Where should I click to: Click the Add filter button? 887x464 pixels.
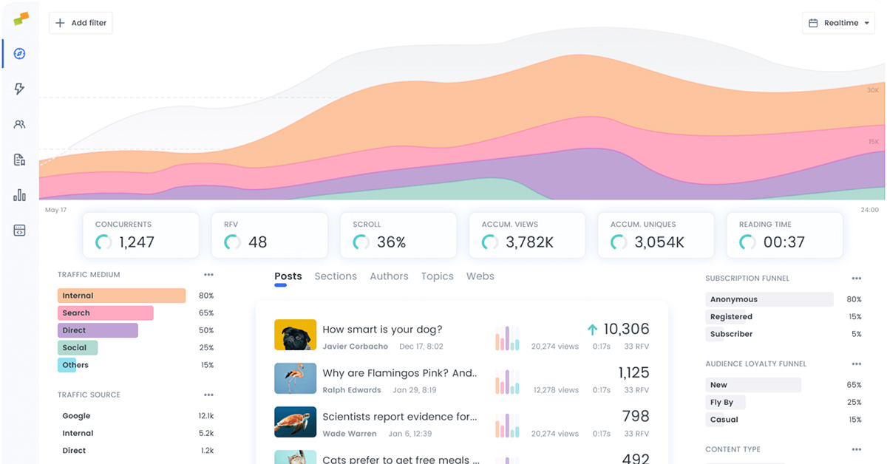click(x=81, y=23)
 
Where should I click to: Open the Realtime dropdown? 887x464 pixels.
click(x=837, y=23)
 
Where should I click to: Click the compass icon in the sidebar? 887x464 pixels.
click(x=20, y=54)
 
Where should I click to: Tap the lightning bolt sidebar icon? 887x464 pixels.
click(x=20, y=89)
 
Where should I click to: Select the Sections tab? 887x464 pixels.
click(x=336, y=276)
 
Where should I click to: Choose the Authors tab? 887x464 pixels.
click(x=389, y=276)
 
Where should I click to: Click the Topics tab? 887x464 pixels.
click(x=437, y=276)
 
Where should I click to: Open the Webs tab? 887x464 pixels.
click(x=480, y=276)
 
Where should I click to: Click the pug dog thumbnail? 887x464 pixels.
click(x=295, y=335)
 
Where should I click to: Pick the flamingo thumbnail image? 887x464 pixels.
click(x=295, y=378)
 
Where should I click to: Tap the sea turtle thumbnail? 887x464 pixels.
click(x=295, y=422)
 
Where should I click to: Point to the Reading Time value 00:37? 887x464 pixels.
click(x=784, y=242)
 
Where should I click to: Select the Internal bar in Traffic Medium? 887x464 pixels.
click(x=121, y=296)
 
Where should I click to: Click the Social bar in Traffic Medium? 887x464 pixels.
click(x=78, y=347)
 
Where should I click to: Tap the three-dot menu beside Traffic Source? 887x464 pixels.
click(x=208, y=395)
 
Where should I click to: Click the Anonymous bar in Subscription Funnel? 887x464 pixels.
click(x=769, y=299)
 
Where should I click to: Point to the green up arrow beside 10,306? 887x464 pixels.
click(x=592, y=330)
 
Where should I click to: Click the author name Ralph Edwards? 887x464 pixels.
click(x=352, y=390)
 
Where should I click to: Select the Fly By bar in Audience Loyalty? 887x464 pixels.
click(x=725, y=403)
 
